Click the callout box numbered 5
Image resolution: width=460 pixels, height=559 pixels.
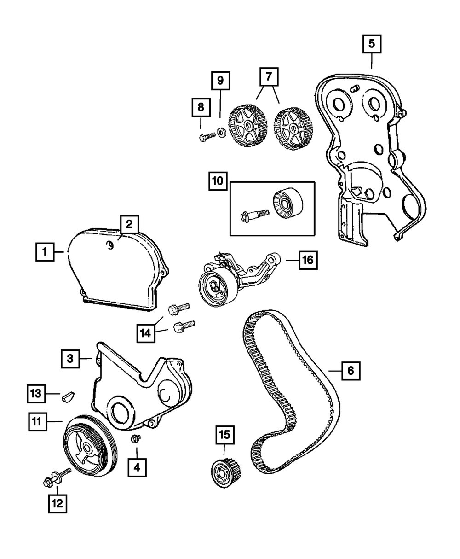372,45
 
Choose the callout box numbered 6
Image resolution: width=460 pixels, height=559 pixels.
351,370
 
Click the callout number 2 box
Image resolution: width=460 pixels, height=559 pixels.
129,224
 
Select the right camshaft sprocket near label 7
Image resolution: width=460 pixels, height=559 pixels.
291,128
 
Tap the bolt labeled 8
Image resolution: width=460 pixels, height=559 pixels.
207,136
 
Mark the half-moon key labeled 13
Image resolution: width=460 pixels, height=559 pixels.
68,396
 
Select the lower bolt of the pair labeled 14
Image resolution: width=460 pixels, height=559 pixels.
184,327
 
